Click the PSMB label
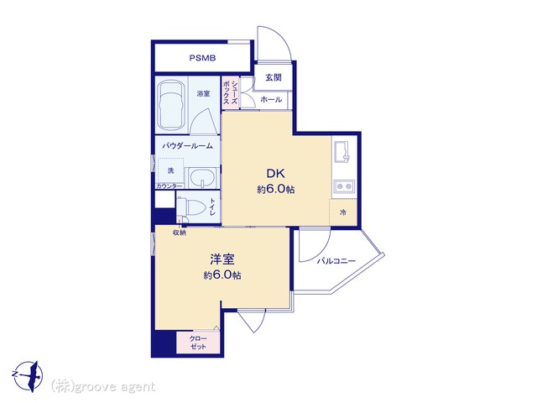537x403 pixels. click(x=203, y=58)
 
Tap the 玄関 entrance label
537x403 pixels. click(x=274, y=78)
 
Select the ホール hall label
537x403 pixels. click(x=271, y=100)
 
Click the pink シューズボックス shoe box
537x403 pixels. click(x=230, y=92)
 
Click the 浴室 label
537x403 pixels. click(x=203, y=93)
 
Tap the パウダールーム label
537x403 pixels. click(x=187, y=146)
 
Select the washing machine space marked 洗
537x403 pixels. click(x=170, y=170)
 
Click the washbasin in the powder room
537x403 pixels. click(x=202, y=178)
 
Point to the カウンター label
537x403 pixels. click(x=169, y=186)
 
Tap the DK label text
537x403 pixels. click(x=276, y=174)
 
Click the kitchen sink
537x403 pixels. click(x=344, y=153)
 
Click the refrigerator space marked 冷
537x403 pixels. click(x=343, y=212)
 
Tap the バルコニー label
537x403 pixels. click(x=336, y=261)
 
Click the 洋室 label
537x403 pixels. click(x=222, y=259)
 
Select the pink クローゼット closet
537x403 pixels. click(x=198, y=343)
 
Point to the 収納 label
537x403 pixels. click(x=179, y=233)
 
